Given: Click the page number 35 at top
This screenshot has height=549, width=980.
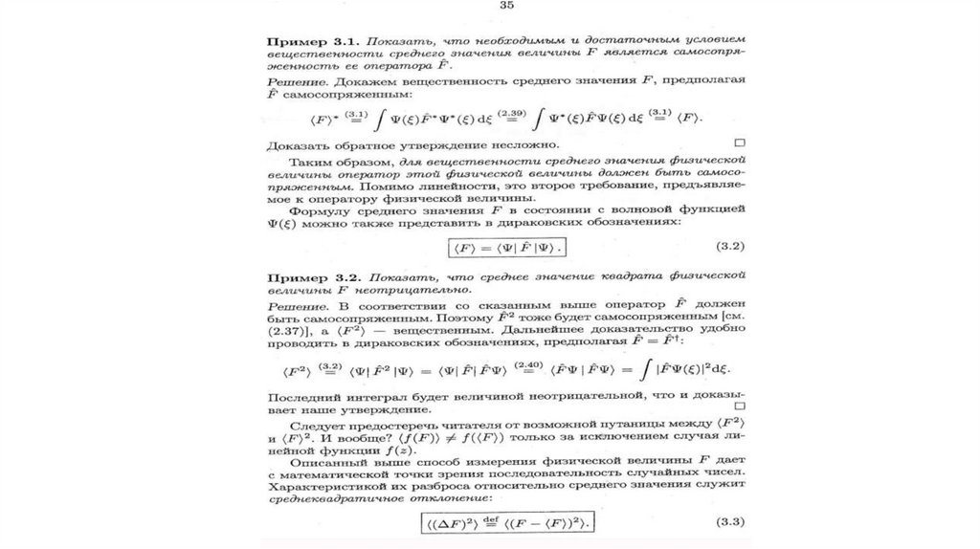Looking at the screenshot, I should tap(507, 7).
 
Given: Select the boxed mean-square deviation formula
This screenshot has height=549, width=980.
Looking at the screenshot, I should tap(507, 522).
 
